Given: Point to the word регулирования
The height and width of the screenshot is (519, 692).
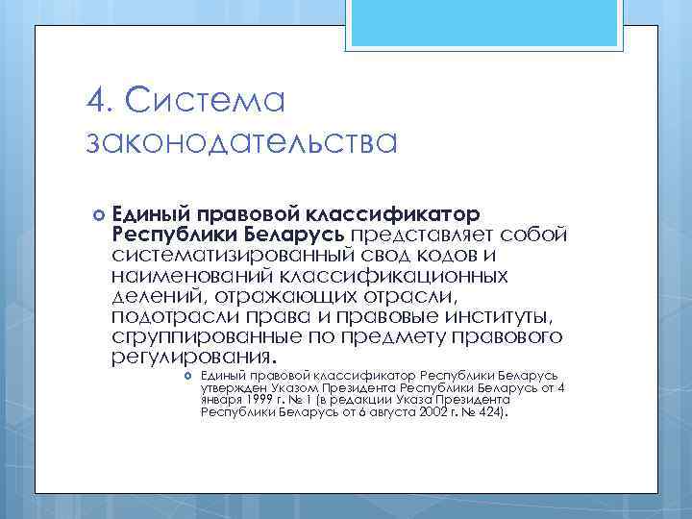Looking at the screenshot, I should tap(183, 358).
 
